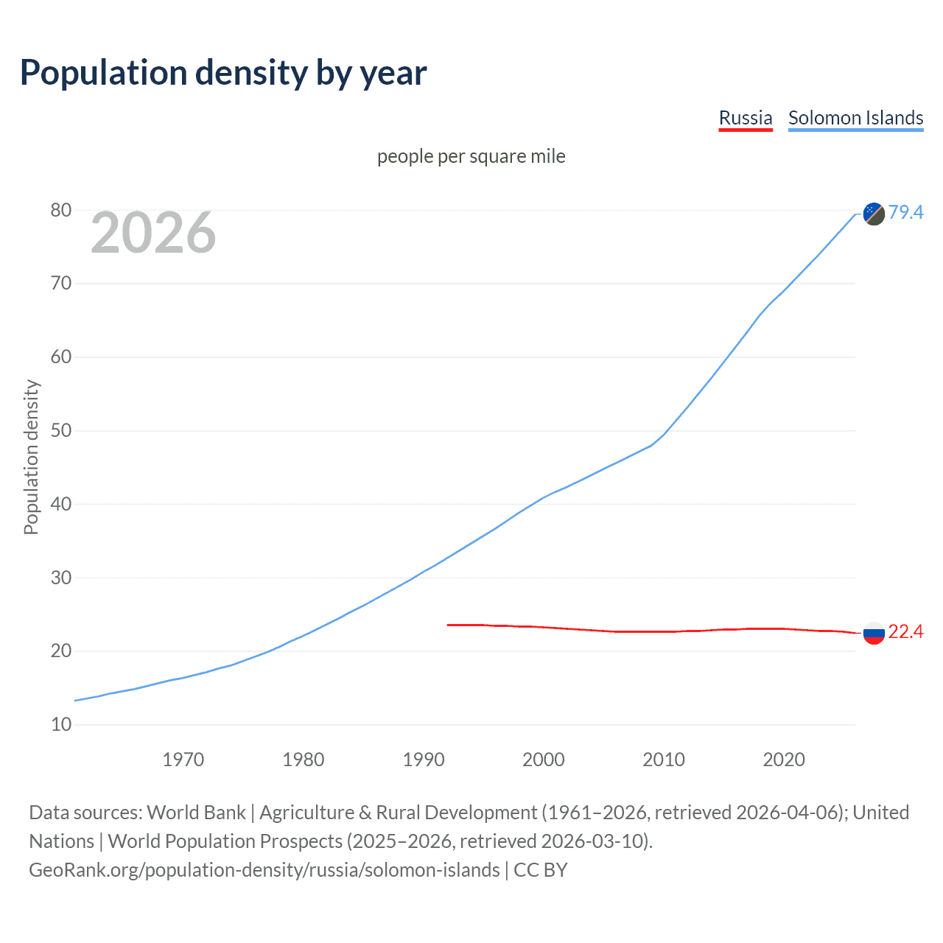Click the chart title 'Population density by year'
(223, 73)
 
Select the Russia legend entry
(746, 118)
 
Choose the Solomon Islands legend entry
(855, 118)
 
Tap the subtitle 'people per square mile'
(471, 157)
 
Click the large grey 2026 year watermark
(153, 233)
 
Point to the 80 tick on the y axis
(61, 211)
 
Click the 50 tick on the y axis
(61, 431)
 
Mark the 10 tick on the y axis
(61, 725)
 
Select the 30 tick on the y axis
(61, 578)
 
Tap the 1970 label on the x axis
(183, 760)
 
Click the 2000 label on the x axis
(544, 760)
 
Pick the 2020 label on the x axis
(784, 760)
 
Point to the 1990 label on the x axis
(424, 760)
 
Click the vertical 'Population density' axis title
(31, 457)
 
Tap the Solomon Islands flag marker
(874, 214)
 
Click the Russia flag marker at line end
(874, 633)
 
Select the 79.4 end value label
(905, 213)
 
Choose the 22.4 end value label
(905, 632)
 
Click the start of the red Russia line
(448, 625)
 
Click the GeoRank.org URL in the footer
(264, 870)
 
